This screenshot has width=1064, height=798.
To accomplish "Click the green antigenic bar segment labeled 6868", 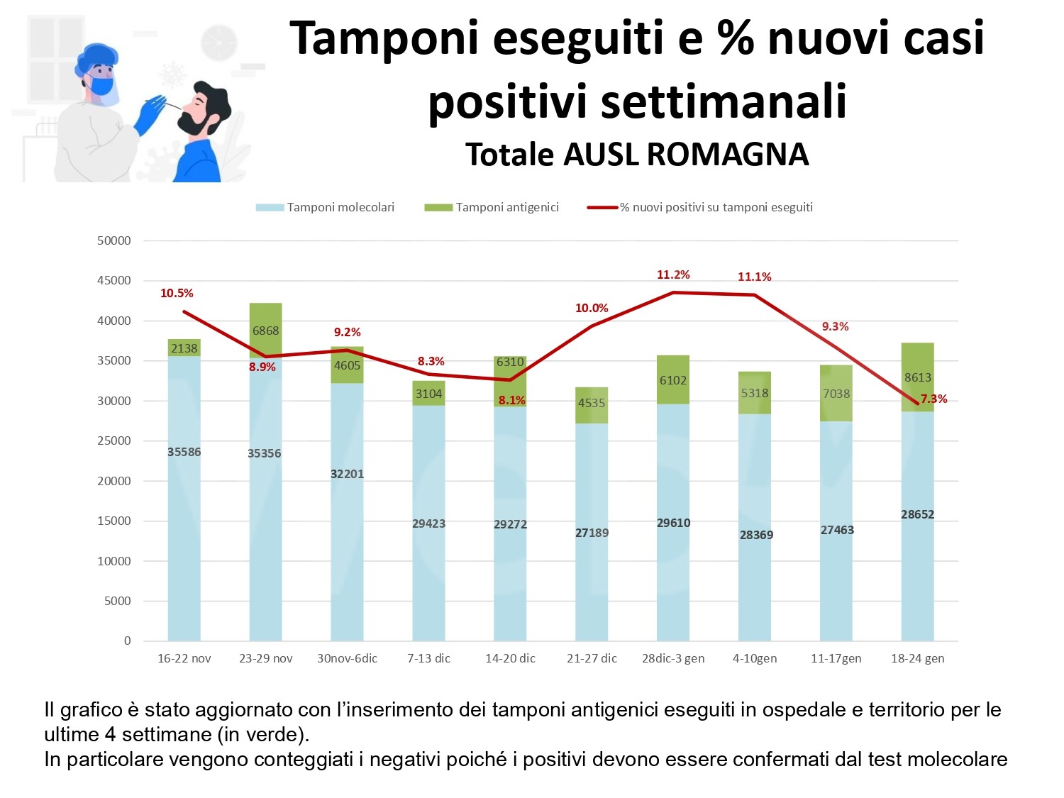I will [265, 330].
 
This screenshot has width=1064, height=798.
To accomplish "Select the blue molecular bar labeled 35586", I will [184, 497].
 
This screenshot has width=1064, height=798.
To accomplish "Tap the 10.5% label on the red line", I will [177, 293].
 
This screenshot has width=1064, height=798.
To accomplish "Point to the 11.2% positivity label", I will [673, 275].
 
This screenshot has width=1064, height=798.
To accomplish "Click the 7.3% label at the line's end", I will [933, 399].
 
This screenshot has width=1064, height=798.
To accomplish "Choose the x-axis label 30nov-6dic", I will [347, 658].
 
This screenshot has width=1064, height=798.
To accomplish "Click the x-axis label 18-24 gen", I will [917, 658].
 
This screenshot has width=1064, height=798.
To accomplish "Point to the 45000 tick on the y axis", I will [114, 280].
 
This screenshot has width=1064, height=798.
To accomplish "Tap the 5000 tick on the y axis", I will [118, 601].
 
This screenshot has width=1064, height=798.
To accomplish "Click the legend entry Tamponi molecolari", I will [340, 207].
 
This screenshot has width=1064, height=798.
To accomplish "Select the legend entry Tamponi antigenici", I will [507, 207].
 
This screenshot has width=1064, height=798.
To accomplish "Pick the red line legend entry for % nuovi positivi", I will [716, 207].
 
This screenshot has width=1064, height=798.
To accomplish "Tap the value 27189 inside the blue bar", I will [592, 533].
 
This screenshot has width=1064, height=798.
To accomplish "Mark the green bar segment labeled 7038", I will [836, 393].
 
